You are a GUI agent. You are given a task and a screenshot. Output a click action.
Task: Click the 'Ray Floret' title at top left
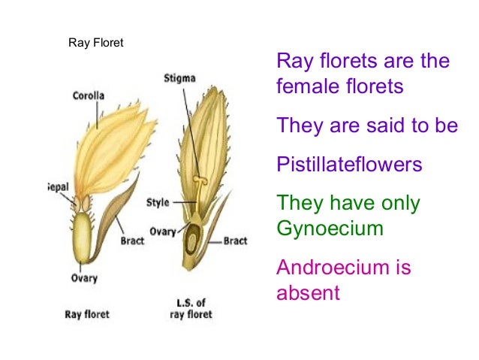click(x=95, y=43)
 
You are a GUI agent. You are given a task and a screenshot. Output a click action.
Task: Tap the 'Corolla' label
click(x=89, y=96)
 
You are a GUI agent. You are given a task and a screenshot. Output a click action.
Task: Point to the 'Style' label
click(x=158, y=202)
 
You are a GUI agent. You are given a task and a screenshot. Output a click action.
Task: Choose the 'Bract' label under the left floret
click(x=133, y=242)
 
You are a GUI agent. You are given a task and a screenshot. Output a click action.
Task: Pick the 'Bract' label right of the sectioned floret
click(x=235, y=241)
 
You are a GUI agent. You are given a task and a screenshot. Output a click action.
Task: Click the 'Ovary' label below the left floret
click(x=85, y=278)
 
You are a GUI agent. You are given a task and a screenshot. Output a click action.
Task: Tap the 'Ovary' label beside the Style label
click(x=162, y=231)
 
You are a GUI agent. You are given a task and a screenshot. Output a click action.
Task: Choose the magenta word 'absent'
click(x=308, y=292)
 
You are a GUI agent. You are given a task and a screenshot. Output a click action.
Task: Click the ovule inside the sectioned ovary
click(x=193, y=242)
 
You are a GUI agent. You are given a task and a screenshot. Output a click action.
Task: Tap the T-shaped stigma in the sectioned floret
click(x=199, y=181)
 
